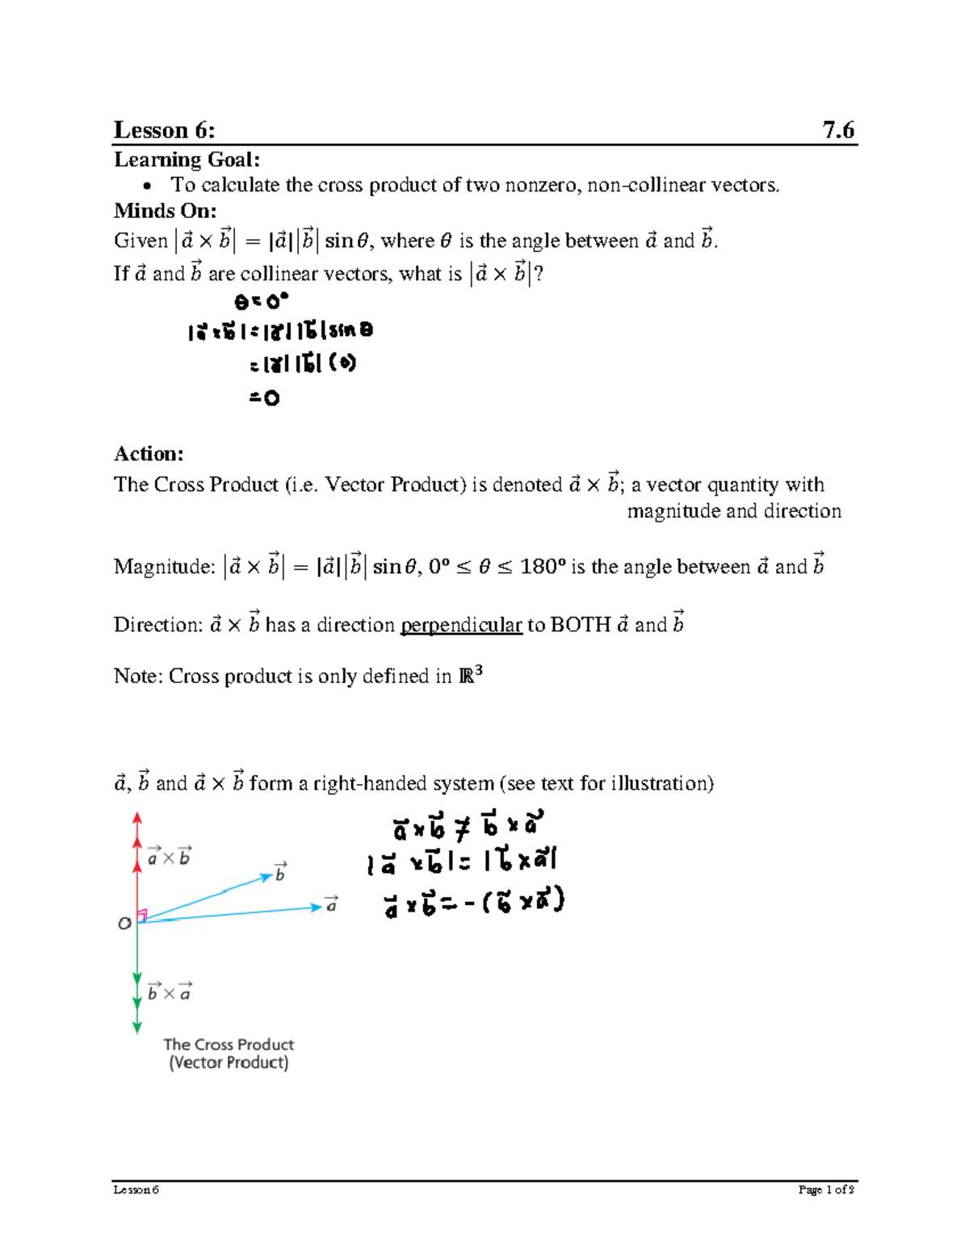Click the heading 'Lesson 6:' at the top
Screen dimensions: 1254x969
point(164,130)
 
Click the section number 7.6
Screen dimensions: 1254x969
point(838,130)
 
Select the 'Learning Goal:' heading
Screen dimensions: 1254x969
point(187,159)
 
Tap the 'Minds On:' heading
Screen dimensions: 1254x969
point(165,211)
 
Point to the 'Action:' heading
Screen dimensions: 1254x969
point(149,453)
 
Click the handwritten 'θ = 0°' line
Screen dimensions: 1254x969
point(261,302)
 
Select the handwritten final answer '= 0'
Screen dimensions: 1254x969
point(264,398)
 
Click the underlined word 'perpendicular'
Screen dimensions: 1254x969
point(461,625)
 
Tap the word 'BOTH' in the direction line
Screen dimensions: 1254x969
point(580,625)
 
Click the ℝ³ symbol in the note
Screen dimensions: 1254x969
point(471,674)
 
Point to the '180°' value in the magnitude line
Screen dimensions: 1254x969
point(539,567)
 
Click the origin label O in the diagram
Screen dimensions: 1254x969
point(124,923)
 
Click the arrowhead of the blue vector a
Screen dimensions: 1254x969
point(317,908)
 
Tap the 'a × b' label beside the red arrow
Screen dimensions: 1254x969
point(170,857)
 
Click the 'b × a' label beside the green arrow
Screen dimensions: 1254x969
point(170,992)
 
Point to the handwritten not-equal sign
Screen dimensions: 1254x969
point(462,828)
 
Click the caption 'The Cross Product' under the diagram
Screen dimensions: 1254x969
point(229,1044)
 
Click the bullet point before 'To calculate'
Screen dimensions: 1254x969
point(148,187)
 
